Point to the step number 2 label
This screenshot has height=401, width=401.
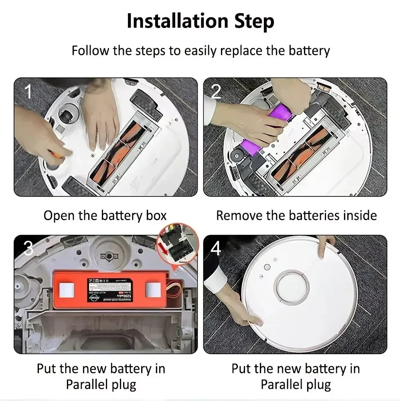pos(216,92)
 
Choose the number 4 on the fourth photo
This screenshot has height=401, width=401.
pos(216,249)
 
